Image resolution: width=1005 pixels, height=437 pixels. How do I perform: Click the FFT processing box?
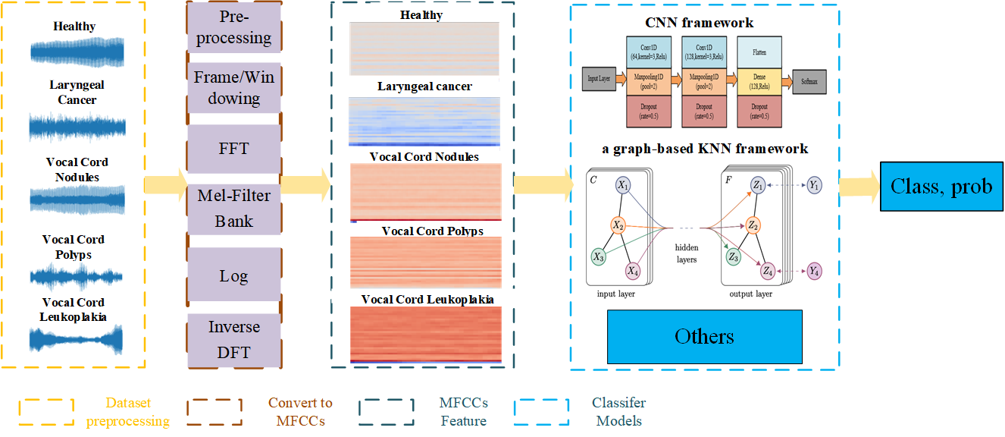[233, 148]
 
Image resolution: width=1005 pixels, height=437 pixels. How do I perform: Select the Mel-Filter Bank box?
[233, 209]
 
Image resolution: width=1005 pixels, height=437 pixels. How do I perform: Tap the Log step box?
[233, 275]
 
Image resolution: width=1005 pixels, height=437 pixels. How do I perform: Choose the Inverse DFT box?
[233, 339]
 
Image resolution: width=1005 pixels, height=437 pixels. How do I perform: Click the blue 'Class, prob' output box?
[941, 186]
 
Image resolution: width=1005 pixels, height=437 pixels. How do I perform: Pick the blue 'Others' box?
[704, 336]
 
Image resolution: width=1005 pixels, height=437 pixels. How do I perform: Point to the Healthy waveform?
[74, 52]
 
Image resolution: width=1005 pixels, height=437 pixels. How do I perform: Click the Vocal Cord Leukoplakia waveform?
[74, 339]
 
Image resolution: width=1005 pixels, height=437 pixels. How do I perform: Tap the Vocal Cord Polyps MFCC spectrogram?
[424, 262]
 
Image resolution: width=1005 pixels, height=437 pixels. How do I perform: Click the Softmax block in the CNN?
[808, 79]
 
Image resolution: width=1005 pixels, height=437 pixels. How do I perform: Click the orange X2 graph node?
[618, 225]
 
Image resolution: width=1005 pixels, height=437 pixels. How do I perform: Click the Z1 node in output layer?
[757, 185]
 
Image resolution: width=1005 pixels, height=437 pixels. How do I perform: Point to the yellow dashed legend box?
[46, 412]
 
